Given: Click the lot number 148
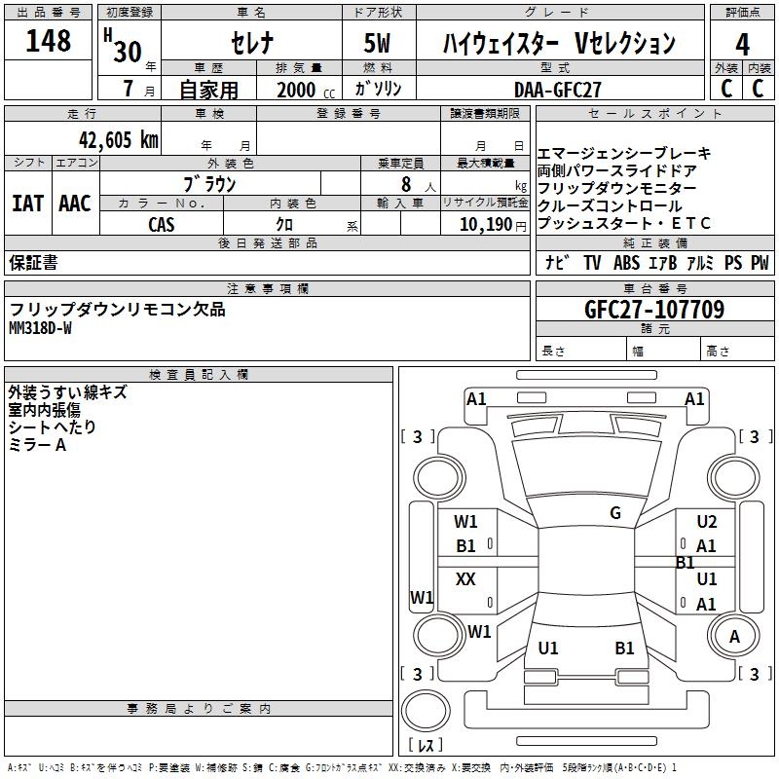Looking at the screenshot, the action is pyautogui.click(x=49, y=41).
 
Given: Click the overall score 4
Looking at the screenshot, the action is pyautogui.click(x=743, y=44).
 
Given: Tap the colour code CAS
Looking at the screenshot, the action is pyautogui.click(x=162, y=224).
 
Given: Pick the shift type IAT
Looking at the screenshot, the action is pyautogui.click(x=27, y=204).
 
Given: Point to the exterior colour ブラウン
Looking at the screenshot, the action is pyautogui.click(x=209, y=183).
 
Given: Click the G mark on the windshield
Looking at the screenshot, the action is pyautogui.click(x=615, y=513).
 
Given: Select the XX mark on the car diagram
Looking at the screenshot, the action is pyautogui.click(x=466, y=579).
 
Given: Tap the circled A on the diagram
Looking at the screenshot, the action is pyautogui.click(x=735, y=637).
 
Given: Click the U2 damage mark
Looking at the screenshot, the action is pyautogui.click(x=707, y=522).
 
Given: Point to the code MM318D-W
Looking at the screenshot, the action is pyautogui.click(x=40, y=328).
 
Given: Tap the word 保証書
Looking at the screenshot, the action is pyautogui.click(x=33, y=262).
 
